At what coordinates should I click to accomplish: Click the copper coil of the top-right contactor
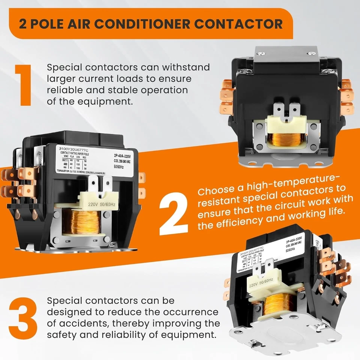coord(285,139)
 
